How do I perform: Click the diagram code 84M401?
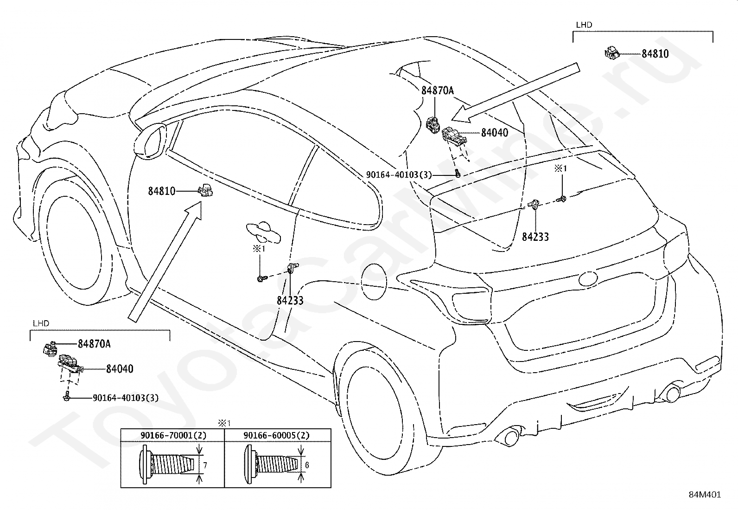(705, 495)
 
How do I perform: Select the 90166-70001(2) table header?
(173, 435)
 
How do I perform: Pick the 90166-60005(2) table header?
(277, 435)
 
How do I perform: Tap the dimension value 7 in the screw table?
(205, 465)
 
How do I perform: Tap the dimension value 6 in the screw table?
(307, 465)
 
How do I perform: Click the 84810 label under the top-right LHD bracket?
(655, 54)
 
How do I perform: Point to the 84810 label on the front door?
(162, 191)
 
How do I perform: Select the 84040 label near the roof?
(495, 133)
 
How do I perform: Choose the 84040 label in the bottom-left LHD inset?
(120, 369)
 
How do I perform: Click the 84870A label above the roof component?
(438, 90)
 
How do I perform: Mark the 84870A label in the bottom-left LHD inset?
(94, 344)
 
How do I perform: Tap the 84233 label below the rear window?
(535, 237)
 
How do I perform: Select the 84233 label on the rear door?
(290, 301)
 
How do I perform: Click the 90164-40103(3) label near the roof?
(399, 174)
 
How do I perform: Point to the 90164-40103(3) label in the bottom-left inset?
(126, 398)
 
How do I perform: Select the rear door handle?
(263, 232)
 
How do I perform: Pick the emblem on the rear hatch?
(589, 278)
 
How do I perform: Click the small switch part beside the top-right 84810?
(612, 53)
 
